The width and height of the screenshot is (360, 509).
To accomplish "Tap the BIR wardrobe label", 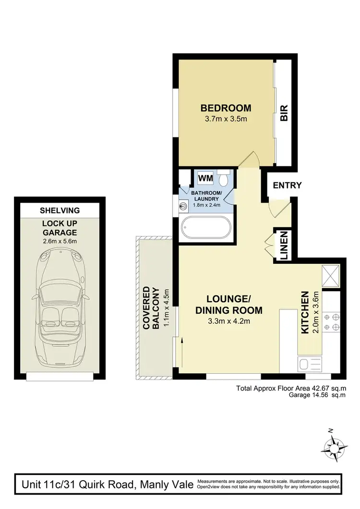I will pyautogui.click(x=284, y=114).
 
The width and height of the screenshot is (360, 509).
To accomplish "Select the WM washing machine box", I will pyautogui.click(x=205, y=178).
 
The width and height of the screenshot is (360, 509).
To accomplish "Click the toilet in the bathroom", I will pyautogui.click(x=224, y=178).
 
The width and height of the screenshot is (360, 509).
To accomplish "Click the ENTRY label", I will pyautogui.click(x=287, y=186).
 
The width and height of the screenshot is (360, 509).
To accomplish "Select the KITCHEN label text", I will pyautogui.click(x=304, y=312).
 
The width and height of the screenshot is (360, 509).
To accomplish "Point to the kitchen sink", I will pyautogui.click(x=309, y=365).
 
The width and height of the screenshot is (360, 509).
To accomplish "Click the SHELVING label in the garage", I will pyautogui.click(x=60, y=211).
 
